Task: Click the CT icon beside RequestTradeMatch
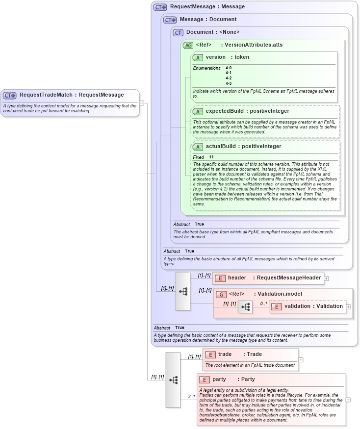pyautogui.click(x=10, y=95)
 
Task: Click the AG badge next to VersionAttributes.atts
pyautogui.click(x=188, y=45)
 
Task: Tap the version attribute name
pyautogui.click(x=216, y=57)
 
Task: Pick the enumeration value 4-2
pyautogui.click(x=229, y=78)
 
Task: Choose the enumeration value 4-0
pyautogui.click(x=229, y=68)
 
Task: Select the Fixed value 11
pyautogui.click(x=211, y=157)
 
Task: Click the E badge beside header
pyautogui.click(x=220, y=278)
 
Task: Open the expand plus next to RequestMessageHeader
pyautogui.click(x=326, y=278)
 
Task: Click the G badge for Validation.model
pyautogui.click(x=221, y=294)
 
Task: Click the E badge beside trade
pyautogui.click(x=210, y=354)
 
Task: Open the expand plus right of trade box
pyautogui.click(x=301, y=359)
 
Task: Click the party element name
pyautogui.click(x=219, y=379)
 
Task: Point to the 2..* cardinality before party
pyautogui.click(x=192, y=396)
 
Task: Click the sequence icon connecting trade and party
pyautogui.click(x=173, y=379)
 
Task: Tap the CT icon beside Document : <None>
pyautogui.click(x=178, y=32)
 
